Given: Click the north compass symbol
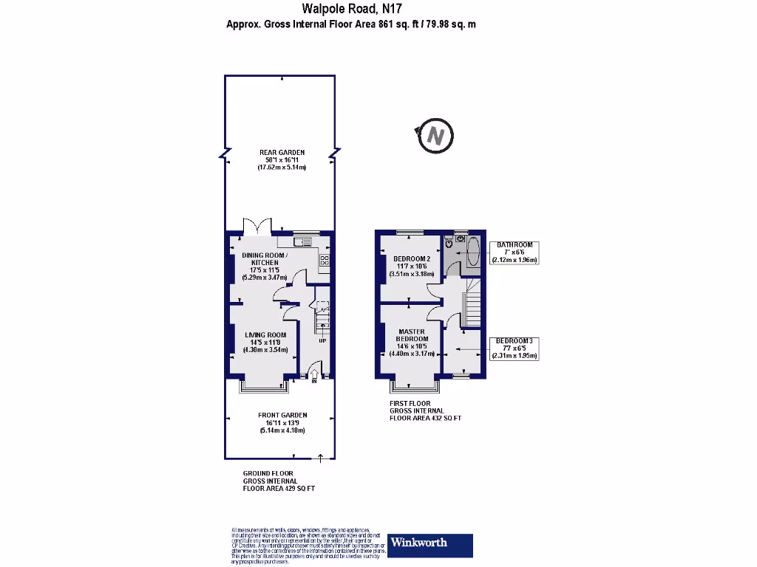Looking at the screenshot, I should pyautogui.click(x=435, y=136).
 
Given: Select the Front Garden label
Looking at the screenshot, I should pyautogui.click(x=282, y=422).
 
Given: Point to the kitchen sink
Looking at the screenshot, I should pyautogui.click(x=304, y=241).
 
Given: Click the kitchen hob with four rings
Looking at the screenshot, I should pyautogui.click(x=324, y=259).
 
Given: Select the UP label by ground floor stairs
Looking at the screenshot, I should pyautogui.click(x=322, y=340).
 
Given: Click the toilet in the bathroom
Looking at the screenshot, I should pyautogui.click(x=449, y=243).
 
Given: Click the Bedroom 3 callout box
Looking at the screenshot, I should pyautogui.click(x=515, y=348).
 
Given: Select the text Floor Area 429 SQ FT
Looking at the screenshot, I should pyautogui.click(x=279, y=488).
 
